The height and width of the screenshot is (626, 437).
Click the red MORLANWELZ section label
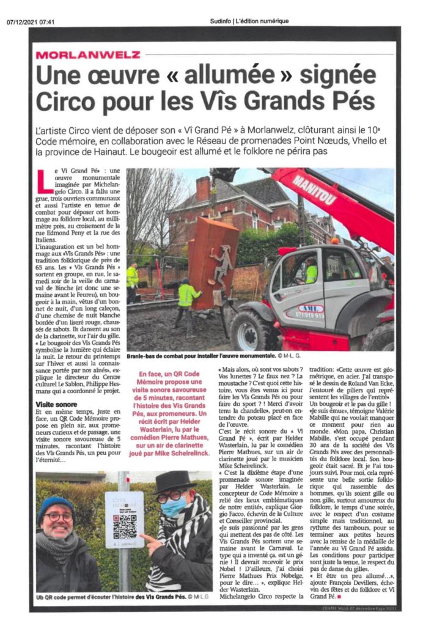pos(88,54)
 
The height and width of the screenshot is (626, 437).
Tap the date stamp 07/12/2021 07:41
pos(31,21)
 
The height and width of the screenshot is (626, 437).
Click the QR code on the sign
pos(125,525)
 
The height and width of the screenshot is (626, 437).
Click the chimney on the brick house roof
pos(204,190)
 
